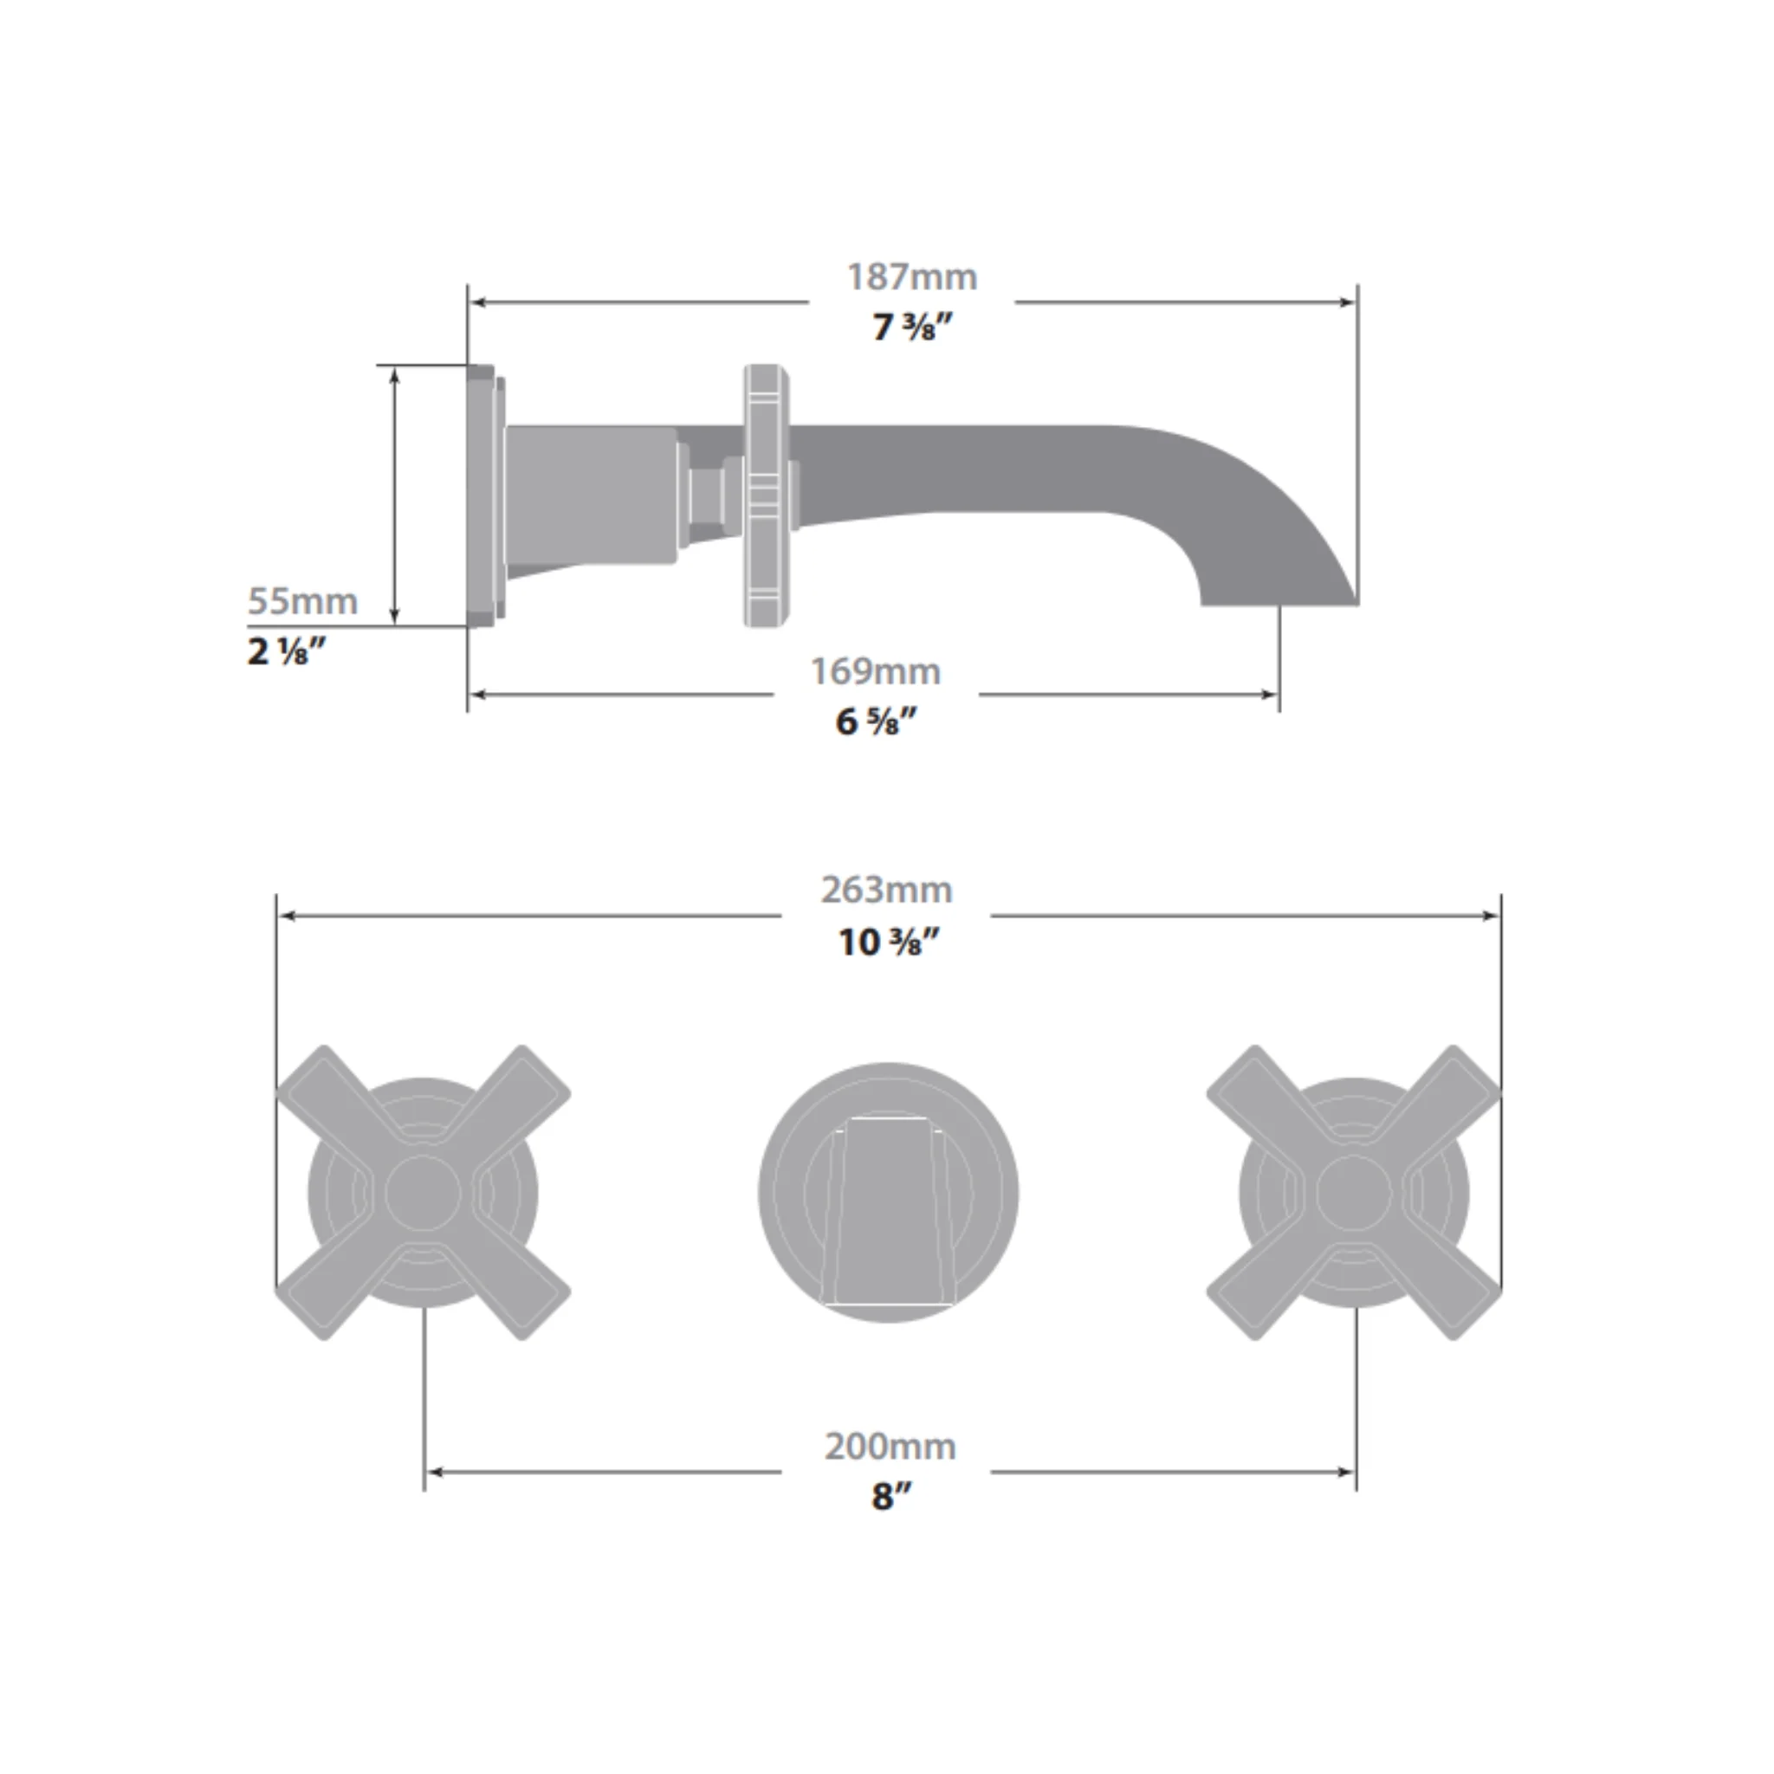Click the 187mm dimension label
pyautogui.click(x=912, y=277)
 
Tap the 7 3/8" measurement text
pyautogui.click(x=913, y=327)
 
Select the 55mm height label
pyautogui.click(x=303, y=601)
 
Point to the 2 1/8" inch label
pyautogui.click(x=287, y=651)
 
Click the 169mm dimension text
pyautogui.click(x=875, y=671)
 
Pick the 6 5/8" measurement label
pyautogui.click(x=876, y=722)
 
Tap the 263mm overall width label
pyautogui.click(x=887, y=890)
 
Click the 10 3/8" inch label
pyautogui.click(x=889, y=942)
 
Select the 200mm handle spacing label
pyautogui.click(x=890, y=1447)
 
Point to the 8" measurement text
pyautogui.click(x=891, y=1497)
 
